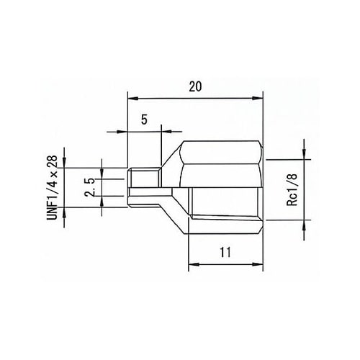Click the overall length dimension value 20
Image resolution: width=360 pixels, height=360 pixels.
click(x=194, y=86)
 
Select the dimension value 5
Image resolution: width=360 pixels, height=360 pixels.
click(x=144, y=120)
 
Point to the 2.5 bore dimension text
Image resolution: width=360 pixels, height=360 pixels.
click(x=89, y=184)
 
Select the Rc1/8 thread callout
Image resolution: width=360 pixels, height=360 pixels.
click(x=292, y=189)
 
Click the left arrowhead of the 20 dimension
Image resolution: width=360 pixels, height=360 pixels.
click(x=131, y=98)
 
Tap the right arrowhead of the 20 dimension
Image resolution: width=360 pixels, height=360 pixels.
click(x=260, y=98)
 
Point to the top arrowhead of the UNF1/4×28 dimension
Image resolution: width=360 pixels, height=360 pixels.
click(x=66, y=163)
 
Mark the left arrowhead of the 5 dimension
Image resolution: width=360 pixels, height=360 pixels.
click(x=123, y=132)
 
